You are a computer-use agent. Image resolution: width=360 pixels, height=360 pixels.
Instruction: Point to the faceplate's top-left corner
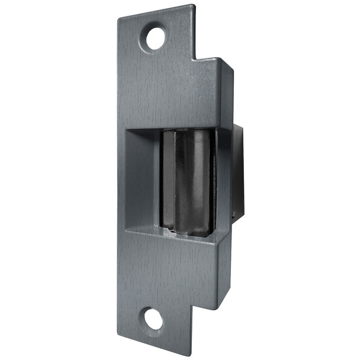(118, 17)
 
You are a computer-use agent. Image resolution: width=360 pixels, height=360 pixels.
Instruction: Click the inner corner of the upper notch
(196, 59)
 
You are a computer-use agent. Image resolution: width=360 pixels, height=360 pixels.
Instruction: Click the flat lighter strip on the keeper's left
(167, 181)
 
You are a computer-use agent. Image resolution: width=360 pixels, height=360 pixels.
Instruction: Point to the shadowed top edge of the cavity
(178, 129)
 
